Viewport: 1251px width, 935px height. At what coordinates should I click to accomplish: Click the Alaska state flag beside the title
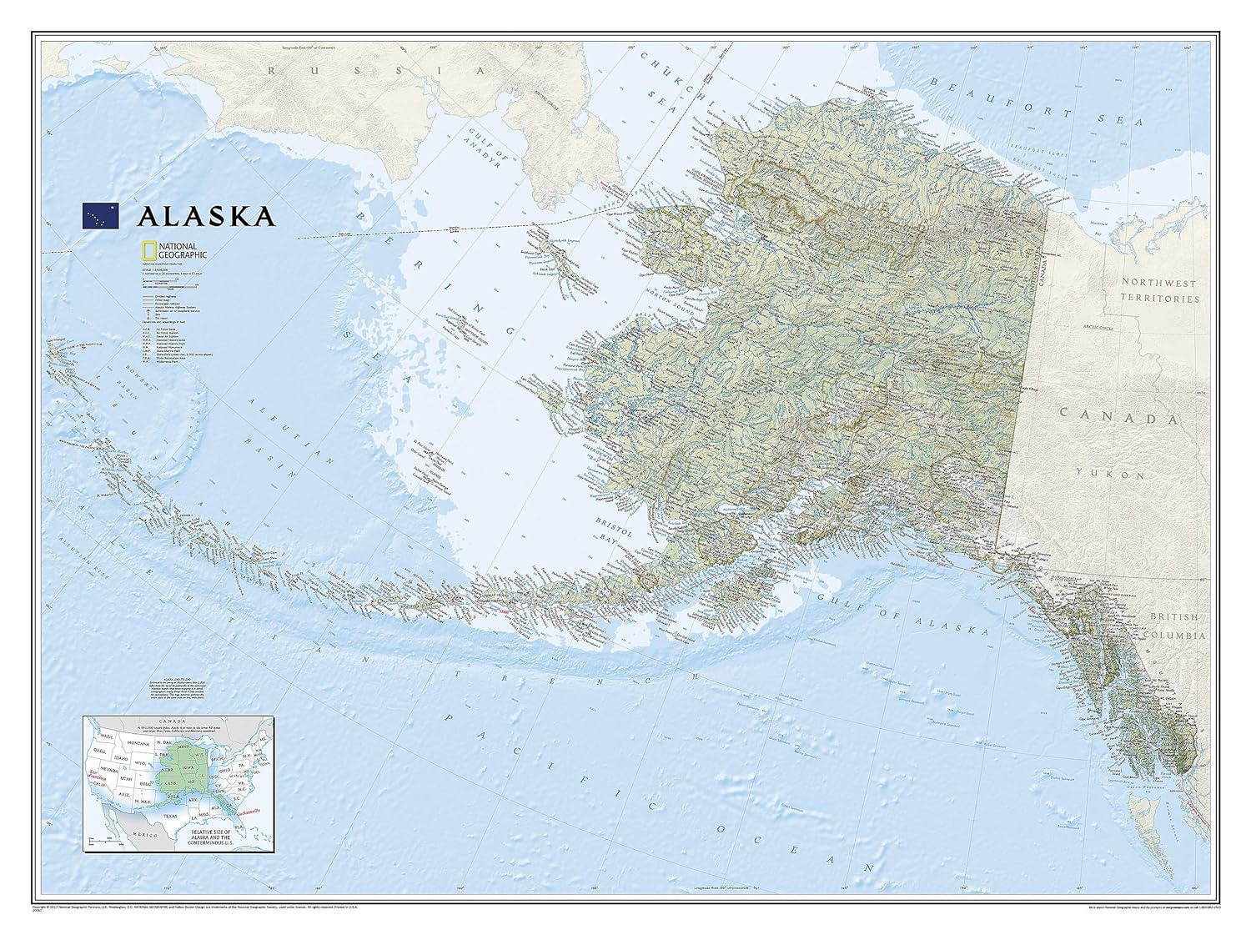click(x=100, y=215)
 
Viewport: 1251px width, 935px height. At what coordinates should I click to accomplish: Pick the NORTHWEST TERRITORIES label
click(x=1158, y=289)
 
